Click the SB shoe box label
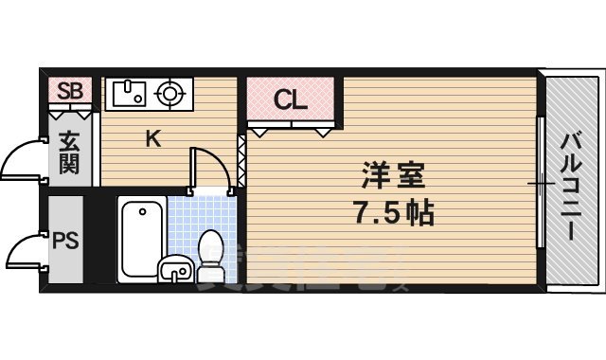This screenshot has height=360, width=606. coord(70,91)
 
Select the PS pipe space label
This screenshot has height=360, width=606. coord(65,239)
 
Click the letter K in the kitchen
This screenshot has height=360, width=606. coord(152,140)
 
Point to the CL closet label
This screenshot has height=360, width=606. coord(290,99)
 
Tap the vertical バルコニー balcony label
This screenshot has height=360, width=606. coord(573,185)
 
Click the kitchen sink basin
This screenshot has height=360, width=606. coord(128,93)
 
